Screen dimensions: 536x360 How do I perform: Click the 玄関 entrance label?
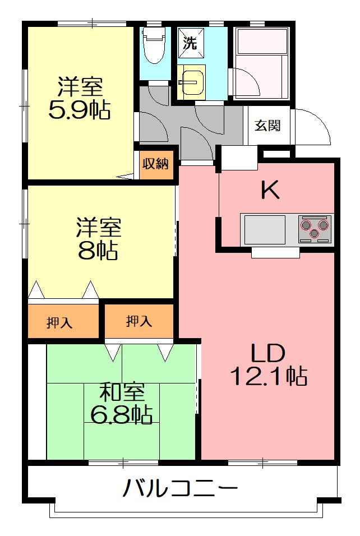click(x=269, y=126)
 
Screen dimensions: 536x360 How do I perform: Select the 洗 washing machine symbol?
click(x=190, y=44)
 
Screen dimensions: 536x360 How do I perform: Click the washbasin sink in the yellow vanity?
click(x=191, y=82)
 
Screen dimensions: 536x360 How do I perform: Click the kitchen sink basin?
click(x=265, y=230)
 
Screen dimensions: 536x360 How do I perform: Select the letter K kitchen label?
click(x=270, y=191)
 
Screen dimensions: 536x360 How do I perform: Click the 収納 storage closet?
click(x=155, y=164)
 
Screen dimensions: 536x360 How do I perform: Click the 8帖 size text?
click(x=98, y=252)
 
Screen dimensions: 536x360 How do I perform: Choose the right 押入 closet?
click(x=139, y=321)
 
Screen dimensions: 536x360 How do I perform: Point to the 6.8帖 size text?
click(x=122, y=414)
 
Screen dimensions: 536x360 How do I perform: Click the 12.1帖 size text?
click(x=269, y=375)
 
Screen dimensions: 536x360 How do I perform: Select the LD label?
click(x=268, y=353)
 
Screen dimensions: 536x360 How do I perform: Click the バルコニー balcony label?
click(x=180, y=489)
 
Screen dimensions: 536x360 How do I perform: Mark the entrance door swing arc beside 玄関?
click(x=313, y=126)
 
